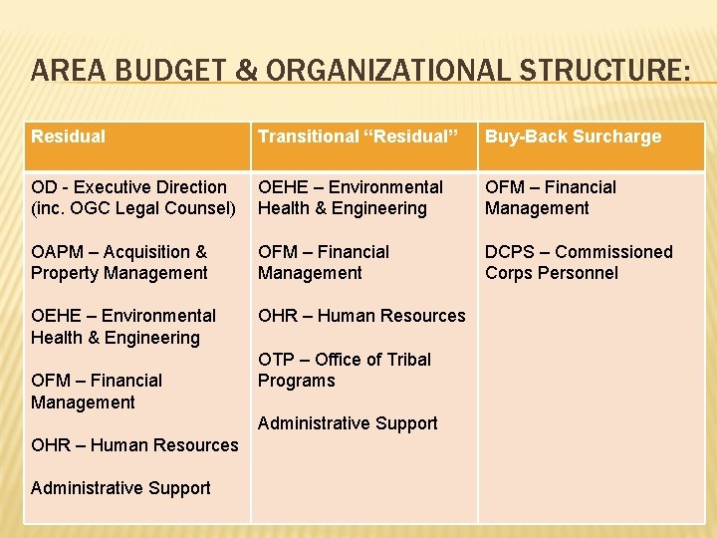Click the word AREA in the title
[x=69, y=71]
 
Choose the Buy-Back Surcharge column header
[x=573, y=136]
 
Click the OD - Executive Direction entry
[x=128, y=187]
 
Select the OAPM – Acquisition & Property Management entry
[x=119, y=262]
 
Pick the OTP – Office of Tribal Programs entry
[x=345, y=370]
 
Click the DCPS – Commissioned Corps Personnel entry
[x=579, y=262]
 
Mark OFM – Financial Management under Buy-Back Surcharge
[x=550, y=197]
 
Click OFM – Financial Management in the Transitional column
[x=324, y=262]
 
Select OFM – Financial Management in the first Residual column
[x=97, y=391]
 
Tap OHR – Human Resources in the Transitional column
[x=361, y=316]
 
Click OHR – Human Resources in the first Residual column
[x=134, y=445]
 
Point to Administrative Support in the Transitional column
[x=348, y=423]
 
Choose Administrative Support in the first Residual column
[x=120, y=488]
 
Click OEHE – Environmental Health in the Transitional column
[x=351, y=197]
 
